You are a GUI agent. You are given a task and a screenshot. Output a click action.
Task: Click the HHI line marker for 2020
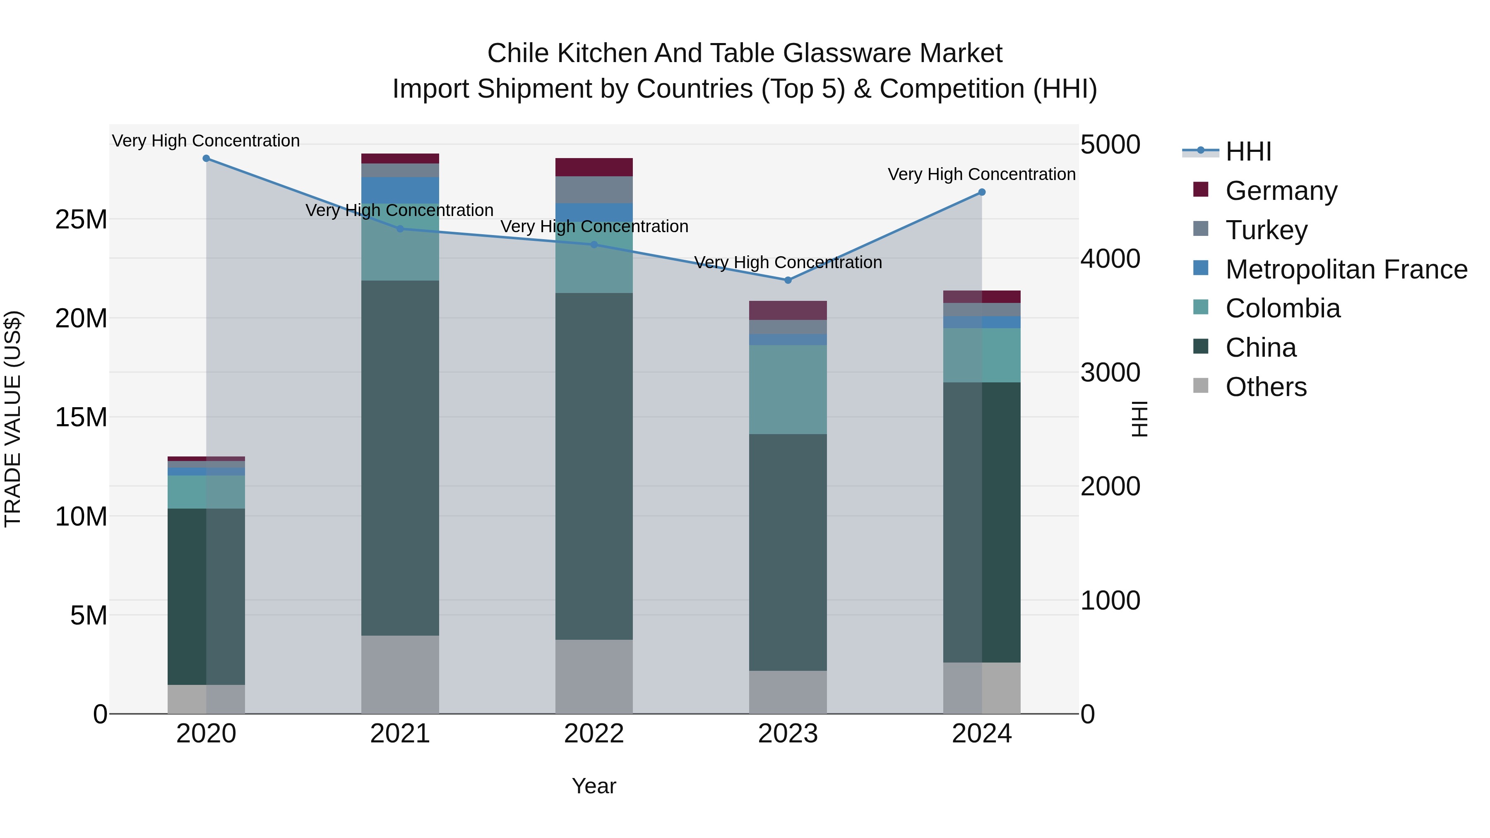206,158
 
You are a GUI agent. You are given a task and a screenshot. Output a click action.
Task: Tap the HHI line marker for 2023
788,280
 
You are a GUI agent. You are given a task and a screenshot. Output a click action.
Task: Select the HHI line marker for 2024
982,192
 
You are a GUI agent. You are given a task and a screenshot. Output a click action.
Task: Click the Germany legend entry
1281,191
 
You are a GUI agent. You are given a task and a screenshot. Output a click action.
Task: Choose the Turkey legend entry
1266,230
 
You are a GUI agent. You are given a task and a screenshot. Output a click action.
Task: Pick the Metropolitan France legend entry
1346,269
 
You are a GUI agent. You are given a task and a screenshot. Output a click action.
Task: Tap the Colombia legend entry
1282,309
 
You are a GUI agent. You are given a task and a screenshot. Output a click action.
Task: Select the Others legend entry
1266,387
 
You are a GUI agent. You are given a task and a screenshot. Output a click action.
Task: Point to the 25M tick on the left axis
81,220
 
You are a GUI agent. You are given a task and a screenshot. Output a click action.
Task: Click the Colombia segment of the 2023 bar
788,389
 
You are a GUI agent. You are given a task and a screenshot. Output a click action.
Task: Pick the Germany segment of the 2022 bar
594,167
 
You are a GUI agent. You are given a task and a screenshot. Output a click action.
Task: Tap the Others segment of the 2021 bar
400,675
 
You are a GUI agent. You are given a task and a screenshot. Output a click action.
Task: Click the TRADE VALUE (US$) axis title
13,419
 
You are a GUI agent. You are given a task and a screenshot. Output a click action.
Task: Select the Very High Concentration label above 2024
982,174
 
